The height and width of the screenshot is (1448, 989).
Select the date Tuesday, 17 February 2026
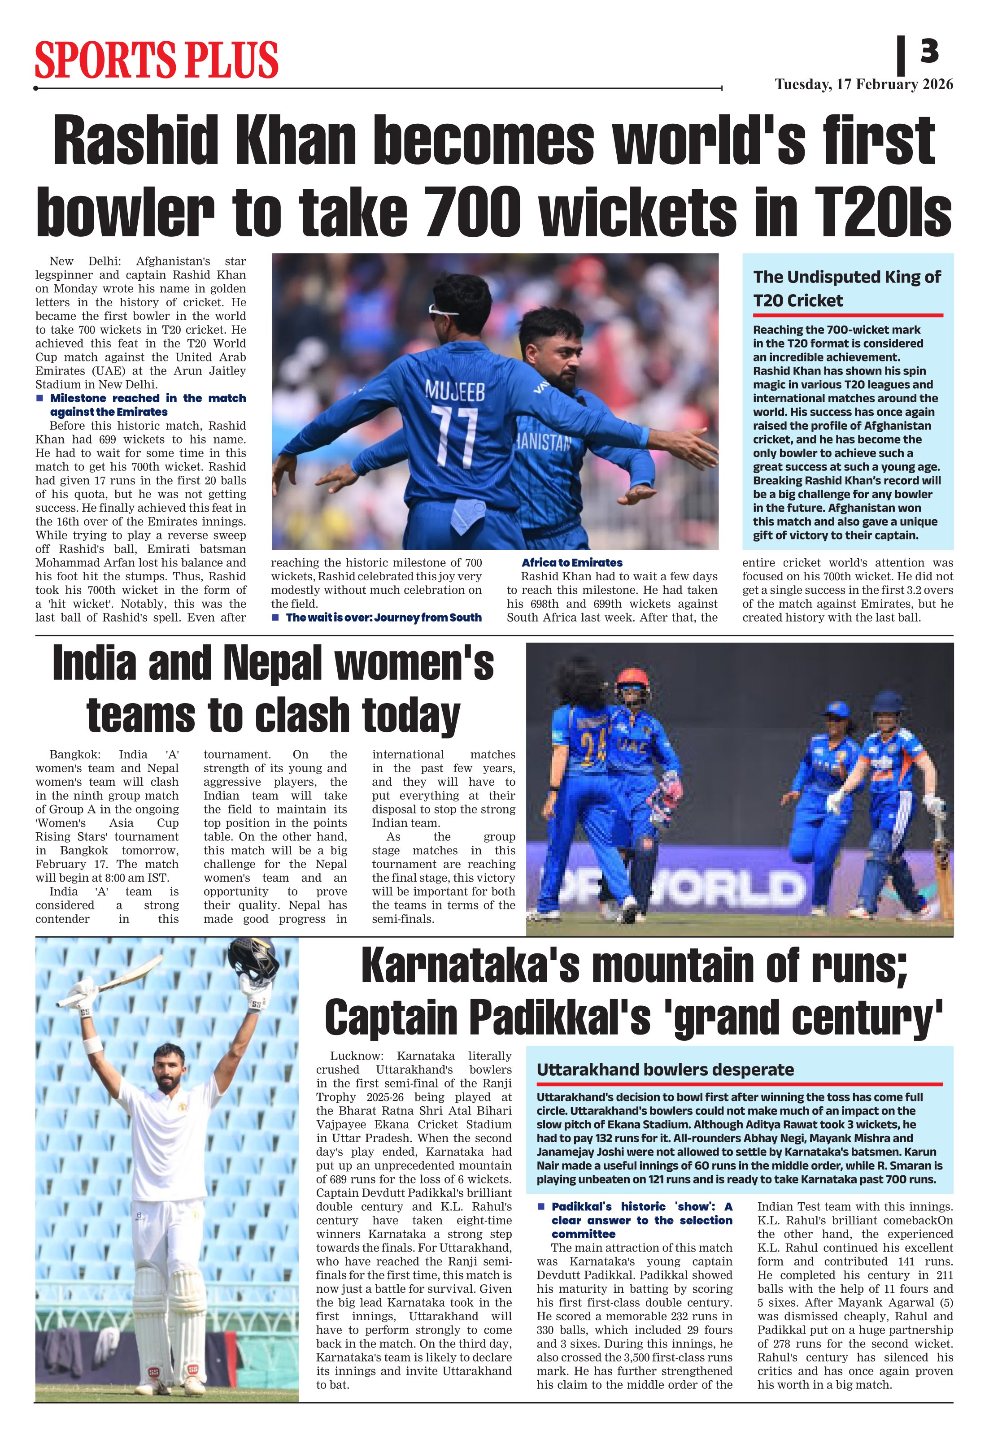coord(864,85)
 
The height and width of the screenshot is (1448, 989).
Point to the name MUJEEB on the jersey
coord(454,391)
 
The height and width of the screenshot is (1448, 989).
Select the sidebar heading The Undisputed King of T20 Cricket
coord(846,288)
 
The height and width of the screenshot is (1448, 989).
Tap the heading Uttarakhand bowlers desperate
coord(665,1070)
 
